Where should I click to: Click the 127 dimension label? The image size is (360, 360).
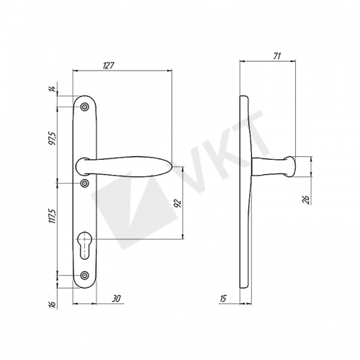pyautogui.click(x=109, y=66)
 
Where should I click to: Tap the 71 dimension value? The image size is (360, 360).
pyautogui.click(x=276, y=56)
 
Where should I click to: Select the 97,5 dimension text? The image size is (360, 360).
pyautogui.click(x=53, y=138)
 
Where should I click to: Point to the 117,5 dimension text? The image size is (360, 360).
pyautogui.click(x=53, y=216)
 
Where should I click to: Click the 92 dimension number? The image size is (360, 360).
pyautogui.click(x=178, y=203)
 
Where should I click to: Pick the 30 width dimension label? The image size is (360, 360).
pyautogui.click(x=116, y=299)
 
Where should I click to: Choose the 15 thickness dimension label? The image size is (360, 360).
pyautogui.click(x=223, y=299)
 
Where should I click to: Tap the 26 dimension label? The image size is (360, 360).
pyautogui.click(x=306, y=199)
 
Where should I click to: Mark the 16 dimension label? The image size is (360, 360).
pyautogui.click(x=53, y=304)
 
